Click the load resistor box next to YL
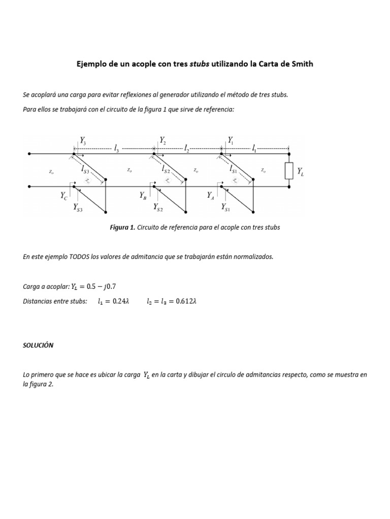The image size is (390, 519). tap(289, 171)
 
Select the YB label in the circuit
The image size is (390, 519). tap(143, 195)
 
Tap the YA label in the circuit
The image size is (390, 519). tap(211, 195)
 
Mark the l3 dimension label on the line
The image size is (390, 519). tap(117, 149)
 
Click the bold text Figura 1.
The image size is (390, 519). tap(122, 228)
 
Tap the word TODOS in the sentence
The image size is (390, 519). tap(79, 256)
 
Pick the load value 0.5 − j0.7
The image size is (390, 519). tap(104, 286)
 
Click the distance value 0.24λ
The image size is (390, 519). tap(121, 301)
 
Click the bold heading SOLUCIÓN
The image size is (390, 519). tap(38, 345)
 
